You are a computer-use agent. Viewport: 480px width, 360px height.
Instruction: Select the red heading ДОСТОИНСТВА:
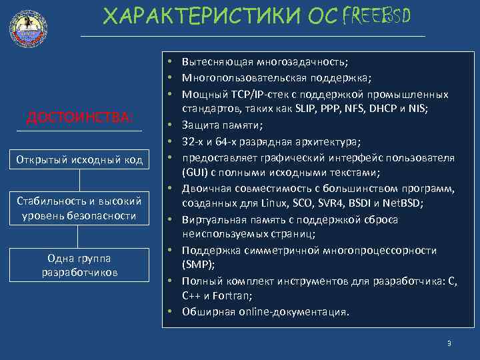(x=79, y=118)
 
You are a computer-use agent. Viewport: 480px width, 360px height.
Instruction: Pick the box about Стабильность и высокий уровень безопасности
(x=79, y=208)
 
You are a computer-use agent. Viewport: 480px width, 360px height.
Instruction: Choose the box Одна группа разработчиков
(x=79, y=264)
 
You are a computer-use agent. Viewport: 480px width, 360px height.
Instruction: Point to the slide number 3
(x=449, y=343)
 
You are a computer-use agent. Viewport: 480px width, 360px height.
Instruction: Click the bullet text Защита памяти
(x=222, y=125)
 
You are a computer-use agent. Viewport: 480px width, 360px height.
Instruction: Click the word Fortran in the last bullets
(x=243, y=296)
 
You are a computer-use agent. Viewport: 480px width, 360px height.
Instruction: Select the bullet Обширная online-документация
(x=265, y=311)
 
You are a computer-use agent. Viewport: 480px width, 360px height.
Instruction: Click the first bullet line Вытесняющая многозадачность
(x=265, y=63)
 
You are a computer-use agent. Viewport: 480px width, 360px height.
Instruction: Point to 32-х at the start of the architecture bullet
(x=194, y=141)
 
